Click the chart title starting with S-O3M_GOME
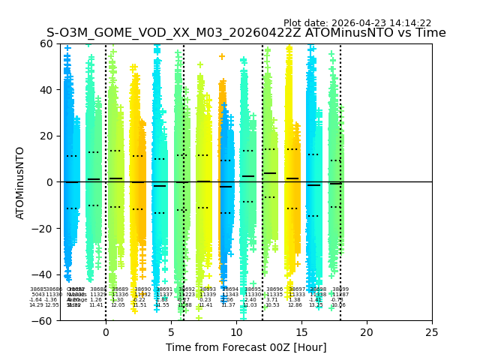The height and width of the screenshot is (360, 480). [x=246, y=33]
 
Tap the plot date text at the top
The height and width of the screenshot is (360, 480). [x=357, y=23]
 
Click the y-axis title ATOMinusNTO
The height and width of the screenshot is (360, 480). [x=21, y=182]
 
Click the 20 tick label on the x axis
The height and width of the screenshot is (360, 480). [x=367, y=332]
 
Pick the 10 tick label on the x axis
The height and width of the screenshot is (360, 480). [x=236, y=332]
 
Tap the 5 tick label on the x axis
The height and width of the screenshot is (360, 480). [x=171, y=332]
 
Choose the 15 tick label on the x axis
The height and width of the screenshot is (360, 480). [x=301, y=332]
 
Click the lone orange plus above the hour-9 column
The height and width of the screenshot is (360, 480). [x=222, y=56]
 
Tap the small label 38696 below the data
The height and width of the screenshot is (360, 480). [x=274, y=289]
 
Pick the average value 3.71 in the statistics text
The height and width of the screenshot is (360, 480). [x=271, y=300]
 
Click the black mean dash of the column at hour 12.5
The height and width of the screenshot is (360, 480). [x=270, y=173]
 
